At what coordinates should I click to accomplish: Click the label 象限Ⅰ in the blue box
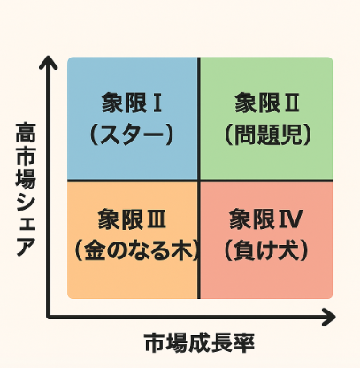tap(132, 103)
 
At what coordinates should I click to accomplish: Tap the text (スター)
tap(132, 134)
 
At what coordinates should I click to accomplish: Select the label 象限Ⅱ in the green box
tap(267, 103)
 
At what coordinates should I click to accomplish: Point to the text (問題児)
tap(268, 134)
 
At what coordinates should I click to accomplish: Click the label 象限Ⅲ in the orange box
tap(132, 219)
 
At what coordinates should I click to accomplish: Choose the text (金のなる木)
tap(136, 251)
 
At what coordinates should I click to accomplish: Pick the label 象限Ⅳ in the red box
tap(266, 219)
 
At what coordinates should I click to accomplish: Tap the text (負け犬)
tap(266, 251)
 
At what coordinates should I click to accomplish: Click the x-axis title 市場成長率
tap(200, 343)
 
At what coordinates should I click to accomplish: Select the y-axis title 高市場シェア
tap(26, 189)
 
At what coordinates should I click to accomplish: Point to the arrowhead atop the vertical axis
tap(48, 62)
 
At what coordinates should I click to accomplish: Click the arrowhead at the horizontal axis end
tap(328, 317)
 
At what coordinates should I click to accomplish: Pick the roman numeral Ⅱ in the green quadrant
tap(290, 103)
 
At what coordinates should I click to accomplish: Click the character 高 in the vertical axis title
tap(26, 132)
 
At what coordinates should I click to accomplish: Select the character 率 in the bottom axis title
tap(244, 343)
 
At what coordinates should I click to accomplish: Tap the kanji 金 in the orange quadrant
tap(95, 251)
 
